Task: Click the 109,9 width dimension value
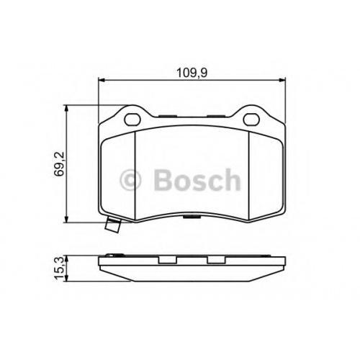coord(192,73)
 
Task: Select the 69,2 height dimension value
coord(59,164)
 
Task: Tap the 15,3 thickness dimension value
coord(58,268)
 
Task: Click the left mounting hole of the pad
coord(132,119)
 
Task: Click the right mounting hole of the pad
coord(251,119)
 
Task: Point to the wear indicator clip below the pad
coord(113,225)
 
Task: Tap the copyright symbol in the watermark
coord(130,181)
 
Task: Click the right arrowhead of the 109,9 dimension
coord(282,80)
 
